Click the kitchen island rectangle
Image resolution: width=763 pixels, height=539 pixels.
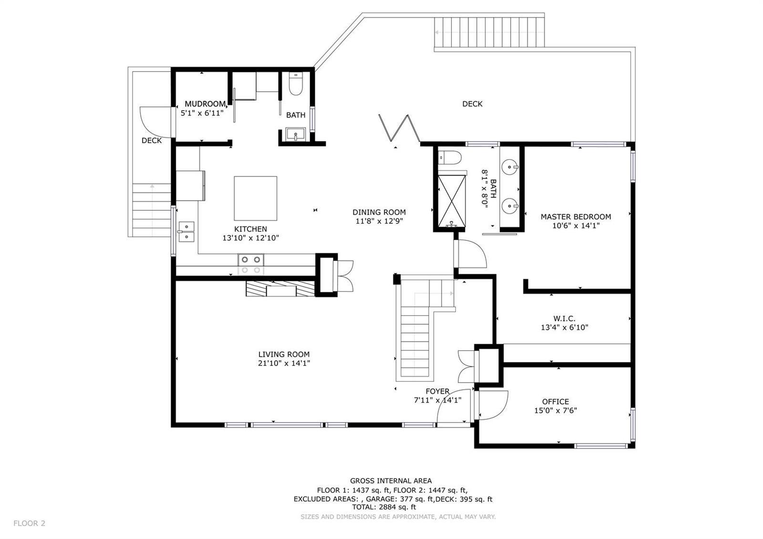tap(255, 198)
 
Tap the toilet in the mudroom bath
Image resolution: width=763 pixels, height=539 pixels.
tap(295, 84)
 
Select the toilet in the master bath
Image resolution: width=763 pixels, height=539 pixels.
tap(450, 157)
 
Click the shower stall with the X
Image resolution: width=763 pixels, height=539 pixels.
tap(452, 201)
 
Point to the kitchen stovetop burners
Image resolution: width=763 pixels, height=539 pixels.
tap(251, 265)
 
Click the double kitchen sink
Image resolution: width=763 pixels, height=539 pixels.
tap(186, 232)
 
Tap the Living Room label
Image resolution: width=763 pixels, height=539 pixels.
tap(284, 354)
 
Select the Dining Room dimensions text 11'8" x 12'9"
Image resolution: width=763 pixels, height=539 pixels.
tap(379, 221)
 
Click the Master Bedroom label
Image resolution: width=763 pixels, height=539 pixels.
tap(576, 217)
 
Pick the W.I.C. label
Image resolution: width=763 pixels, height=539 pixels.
tap(565, 319)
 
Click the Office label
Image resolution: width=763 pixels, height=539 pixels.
tap(556, 402)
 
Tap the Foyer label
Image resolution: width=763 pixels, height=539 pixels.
tap(437, 391)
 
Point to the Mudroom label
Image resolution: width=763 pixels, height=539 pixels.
tap(205, 104)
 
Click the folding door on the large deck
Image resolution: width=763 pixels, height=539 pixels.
tap(399, 128)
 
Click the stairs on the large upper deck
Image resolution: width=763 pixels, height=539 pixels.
tap(489, 32)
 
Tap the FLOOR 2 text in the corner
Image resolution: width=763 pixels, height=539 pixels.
tap(29, 523)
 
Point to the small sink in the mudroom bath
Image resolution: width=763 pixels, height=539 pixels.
tap(295, 134)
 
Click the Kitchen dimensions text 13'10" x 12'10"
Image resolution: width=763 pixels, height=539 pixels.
tap(251, 238)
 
